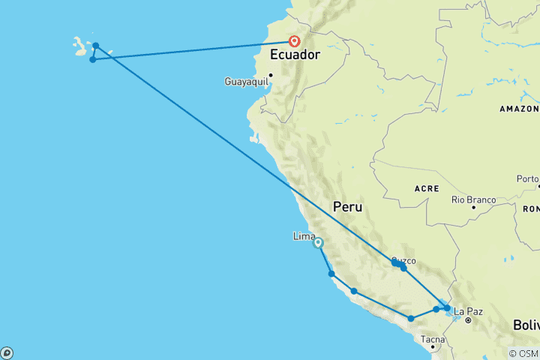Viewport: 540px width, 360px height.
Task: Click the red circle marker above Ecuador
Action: click(295, 42)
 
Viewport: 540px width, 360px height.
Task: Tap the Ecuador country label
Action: click(295, 55)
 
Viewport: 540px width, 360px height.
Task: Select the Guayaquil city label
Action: click(246, 81)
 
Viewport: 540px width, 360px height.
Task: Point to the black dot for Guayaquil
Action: click(271, 75)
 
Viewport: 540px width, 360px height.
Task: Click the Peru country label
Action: click(347, 206)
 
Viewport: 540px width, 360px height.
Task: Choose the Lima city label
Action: click(304, 236)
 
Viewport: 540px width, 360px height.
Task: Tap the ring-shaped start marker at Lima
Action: click(318, 243)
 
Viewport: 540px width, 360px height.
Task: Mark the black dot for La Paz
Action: click(467, 320)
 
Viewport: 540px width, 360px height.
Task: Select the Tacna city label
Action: click(433, 339)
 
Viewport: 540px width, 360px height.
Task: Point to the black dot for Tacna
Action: click(433, 347)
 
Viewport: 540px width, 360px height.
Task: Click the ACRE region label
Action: click(427, 188)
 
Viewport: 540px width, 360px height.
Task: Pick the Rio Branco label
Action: click(473, 199)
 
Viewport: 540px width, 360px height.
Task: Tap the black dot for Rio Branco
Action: click(474, 207)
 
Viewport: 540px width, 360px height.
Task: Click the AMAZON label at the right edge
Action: click(519, 109)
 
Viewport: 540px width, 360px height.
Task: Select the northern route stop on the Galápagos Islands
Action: click(96, 46)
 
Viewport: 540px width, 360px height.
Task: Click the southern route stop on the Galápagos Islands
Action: click(92, 60)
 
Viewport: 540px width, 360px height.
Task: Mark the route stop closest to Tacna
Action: click(411, 319)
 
